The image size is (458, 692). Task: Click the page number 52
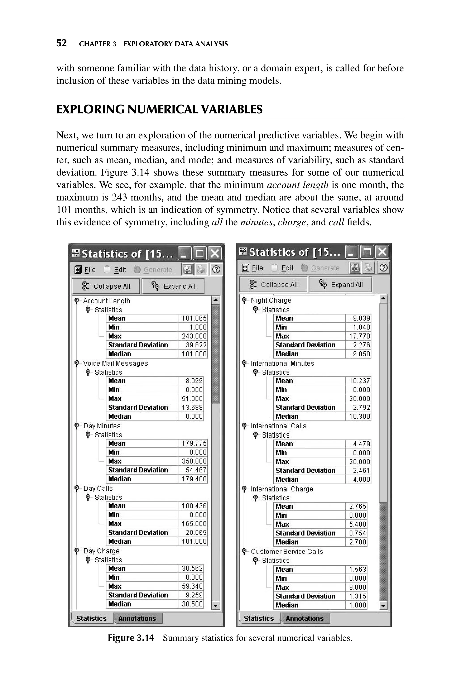point(61,43)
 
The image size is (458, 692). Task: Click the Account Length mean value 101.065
point(194,318)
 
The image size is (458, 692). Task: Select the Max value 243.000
point(194,336)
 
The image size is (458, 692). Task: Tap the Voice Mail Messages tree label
point(115,363)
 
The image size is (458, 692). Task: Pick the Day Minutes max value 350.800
point(194,461)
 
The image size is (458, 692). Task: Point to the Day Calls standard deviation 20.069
point(196,532)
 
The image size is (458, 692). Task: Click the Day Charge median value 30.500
point(192,604)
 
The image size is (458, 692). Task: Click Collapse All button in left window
point(106,286)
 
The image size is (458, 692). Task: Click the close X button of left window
point(215,253)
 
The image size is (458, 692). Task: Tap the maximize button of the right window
point(367,252)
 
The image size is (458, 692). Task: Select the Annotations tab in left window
point(137,618)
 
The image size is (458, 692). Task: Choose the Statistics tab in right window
point(259,618)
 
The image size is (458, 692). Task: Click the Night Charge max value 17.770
point(359,336)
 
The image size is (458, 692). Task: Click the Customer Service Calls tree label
point(287,551)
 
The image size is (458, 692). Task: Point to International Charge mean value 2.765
point(357,506)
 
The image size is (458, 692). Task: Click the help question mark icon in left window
point(216,269)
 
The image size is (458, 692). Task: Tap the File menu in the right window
point(257,268)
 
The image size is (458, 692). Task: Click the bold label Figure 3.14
point(131,638)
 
